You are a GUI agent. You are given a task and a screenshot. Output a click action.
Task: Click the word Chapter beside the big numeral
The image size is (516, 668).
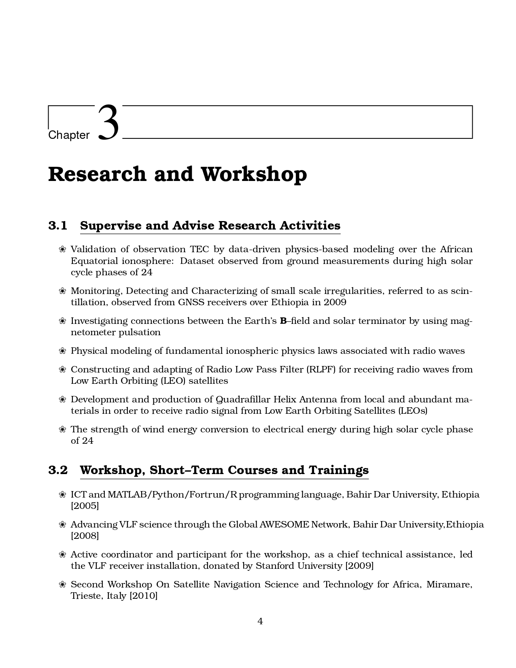69,135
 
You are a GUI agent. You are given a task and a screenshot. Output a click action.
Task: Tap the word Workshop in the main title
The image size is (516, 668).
254,174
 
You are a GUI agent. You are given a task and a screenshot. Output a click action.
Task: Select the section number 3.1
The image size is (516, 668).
58,226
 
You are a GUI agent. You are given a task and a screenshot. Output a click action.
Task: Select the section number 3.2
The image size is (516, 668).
58,470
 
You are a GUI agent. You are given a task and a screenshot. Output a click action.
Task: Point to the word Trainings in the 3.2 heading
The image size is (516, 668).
339,470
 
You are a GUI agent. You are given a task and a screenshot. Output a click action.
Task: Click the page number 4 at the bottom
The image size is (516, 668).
260,621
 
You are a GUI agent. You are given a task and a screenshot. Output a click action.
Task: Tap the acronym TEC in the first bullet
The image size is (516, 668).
200,249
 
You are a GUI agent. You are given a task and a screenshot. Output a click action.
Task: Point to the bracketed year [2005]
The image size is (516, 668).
85,506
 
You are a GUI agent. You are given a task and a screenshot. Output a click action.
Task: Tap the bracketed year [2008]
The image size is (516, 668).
85,536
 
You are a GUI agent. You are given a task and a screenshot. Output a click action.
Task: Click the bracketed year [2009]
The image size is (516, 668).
359,566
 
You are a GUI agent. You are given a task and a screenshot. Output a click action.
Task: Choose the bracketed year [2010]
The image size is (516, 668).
143,596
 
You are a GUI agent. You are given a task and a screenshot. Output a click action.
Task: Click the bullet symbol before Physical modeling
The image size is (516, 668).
62,351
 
